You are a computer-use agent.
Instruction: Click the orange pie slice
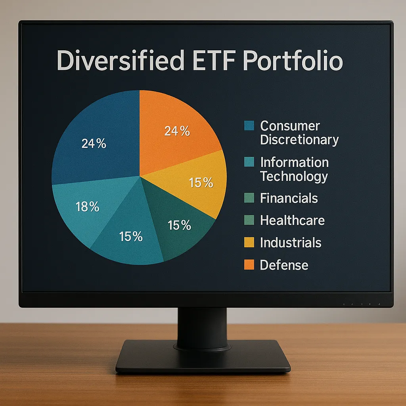tap(174, 127)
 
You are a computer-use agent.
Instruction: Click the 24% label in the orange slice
tap(177, 131)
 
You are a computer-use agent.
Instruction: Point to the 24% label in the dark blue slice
tap(94, 144)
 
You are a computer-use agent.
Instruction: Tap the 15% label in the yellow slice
tap(201, 183)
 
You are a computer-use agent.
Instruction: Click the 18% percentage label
tap(87, 207)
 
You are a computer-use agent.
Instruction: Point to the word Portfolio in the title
tap(293, 61)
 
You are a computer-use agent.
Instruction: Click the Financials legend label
tap(289, 198)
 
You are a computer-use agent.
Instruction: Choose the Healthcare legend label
tap(292, 220)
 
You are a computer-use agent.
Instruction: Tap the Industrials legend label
tap(291, 243)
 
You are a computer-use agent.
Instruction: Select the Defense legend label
tap(284, 265)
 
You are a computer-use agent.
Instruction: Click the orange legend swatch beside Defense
tap(249, 265)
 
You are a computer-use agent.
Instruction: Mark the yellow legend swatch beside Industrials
tap(249, 243)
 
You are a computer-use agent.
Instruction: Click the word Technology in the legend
tap(294, 176)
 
